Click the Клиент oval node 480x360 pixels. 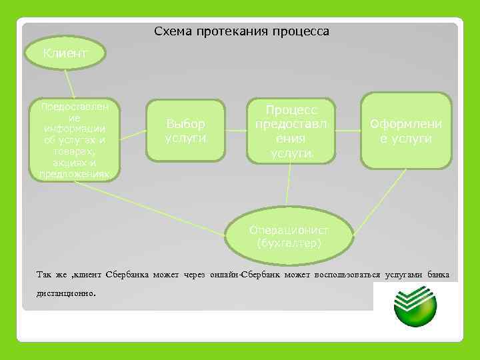pyautogui.click(x=65, y=53)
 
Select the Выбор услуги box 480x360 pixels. pyautogui.click(x=186, y=131)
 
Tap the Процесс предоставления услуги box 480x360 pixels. pyautogui.click(x=291, y=131)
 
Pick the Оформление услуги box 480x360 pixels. pyautogui.click(x=406, y=131)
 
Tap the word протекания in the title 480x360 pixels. pyautogui.click(x=231, y=31)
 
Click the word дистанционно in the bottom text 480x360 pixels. pyautogui.click(x=67, y=292)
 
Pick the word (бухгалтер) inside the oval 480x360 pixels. pyautogui.click(x=289, y=243)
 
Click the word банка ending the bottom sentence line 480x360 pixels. pyautogui.click(x=437, y=275)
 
